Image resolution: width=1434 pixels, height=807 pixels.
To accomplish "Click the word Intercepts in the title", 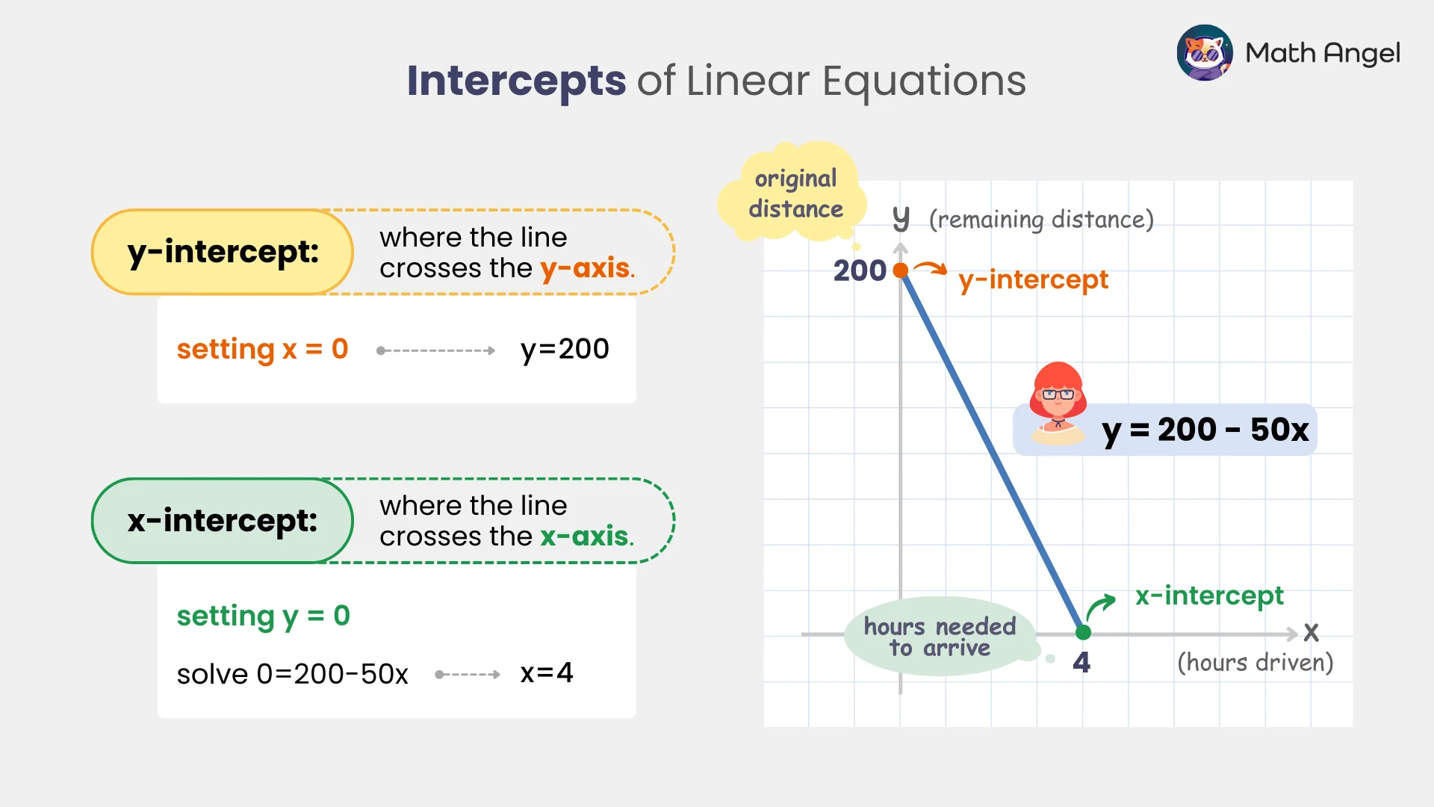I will [516, 81].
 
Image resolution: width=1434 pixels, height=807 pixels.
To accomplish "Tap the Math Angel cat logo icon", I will [1204, 53].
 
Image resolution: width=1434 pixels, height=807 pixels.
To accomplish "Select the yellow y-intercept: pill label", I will [223, 252].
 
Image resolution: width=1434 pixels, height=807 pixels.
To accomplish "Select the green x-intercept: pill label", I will [223, 521].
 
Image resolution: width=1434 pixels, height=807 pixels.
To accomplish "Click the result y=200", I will [565, 349].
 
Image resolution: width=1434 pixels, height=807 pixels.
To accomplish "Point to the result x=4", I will [546, 673].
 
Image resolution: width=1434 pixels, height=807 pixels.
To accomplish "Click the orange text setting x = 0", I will [262, 349].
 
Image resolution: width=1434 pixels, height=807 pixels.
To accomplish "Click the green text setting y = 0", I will [263, 616].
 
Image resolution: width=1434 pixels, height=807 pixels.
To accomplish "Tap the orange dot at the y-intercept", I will [901, 270].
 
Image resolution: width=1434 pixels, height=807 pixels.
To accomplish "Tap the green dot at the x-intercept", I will [1083, 633].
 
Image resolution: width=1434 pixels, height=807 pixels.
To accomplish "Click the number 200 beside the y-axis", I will [860, 270].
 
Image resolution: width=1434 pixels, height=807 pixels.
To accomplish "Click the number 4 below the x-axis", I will [1081, 663].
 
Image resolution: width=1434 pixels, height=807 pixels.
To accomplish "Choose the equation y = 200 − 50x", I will [1205, 430].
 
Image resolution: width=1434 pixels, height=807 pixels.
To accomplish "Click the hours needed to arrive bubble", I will [940, 637].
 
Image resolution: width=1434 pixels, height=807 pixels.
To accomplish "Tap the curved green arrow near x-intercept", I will [1100, 606].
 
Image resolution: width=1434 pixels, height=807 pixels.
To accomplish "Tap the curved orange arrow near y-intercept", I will [931, 268].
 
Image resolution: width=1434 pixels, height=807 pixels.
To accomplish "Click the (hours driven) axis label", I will [1255, 663].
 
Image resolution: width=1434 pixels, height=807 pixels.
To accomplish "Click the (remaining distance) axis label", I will [1041, 220].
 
